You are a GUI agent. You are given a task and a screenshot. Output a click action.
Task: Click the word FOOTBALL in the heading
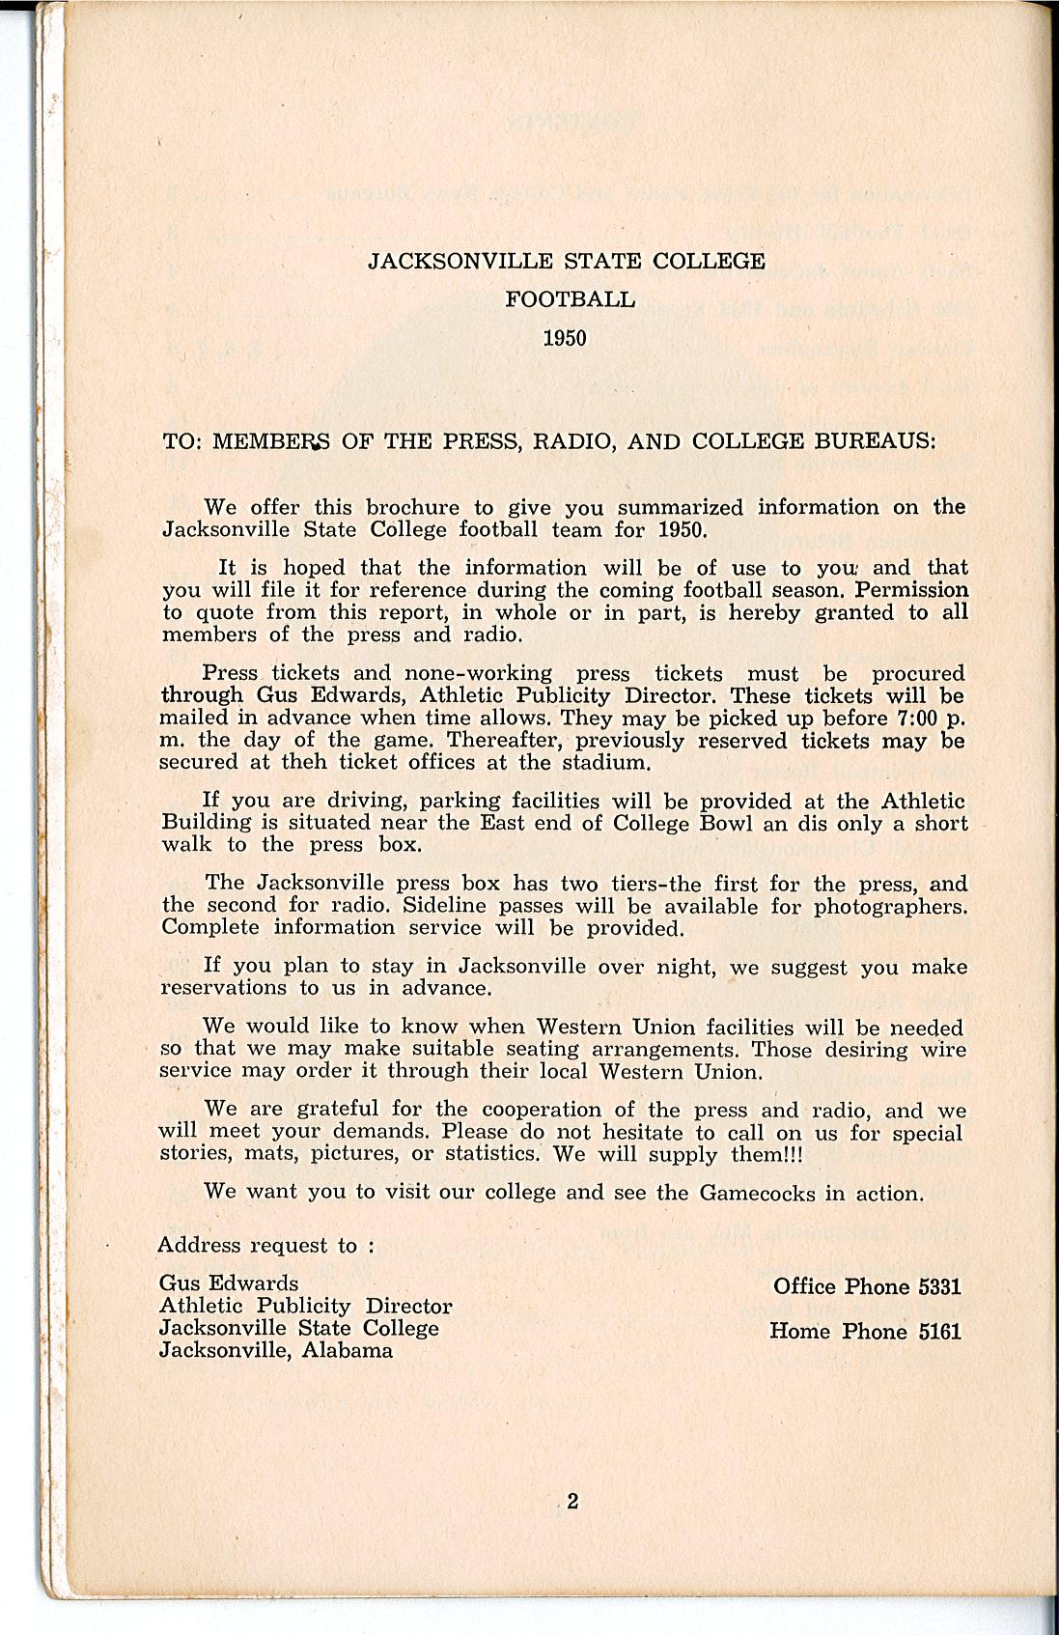(x=571, y=299)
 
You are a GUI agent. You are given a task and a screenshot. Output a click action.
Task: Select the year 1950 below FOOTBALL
(x=565, y=338)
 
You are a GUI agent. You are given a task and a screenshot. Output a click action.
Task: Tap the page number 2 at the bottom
(x=572, y=1501)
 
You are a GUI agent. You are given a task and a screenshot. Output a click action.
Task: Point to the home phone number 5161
(x=939, y=1331)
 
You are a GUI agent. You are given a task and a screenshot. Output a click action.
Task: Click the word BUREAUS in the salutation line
(x=876, y=442)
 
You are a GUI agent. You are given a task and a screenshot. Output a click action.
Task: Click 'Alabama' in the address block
(x=348, y=1350)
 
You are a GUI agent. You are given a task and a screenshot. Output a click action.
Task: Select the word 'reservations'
(x=224, y=988)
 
